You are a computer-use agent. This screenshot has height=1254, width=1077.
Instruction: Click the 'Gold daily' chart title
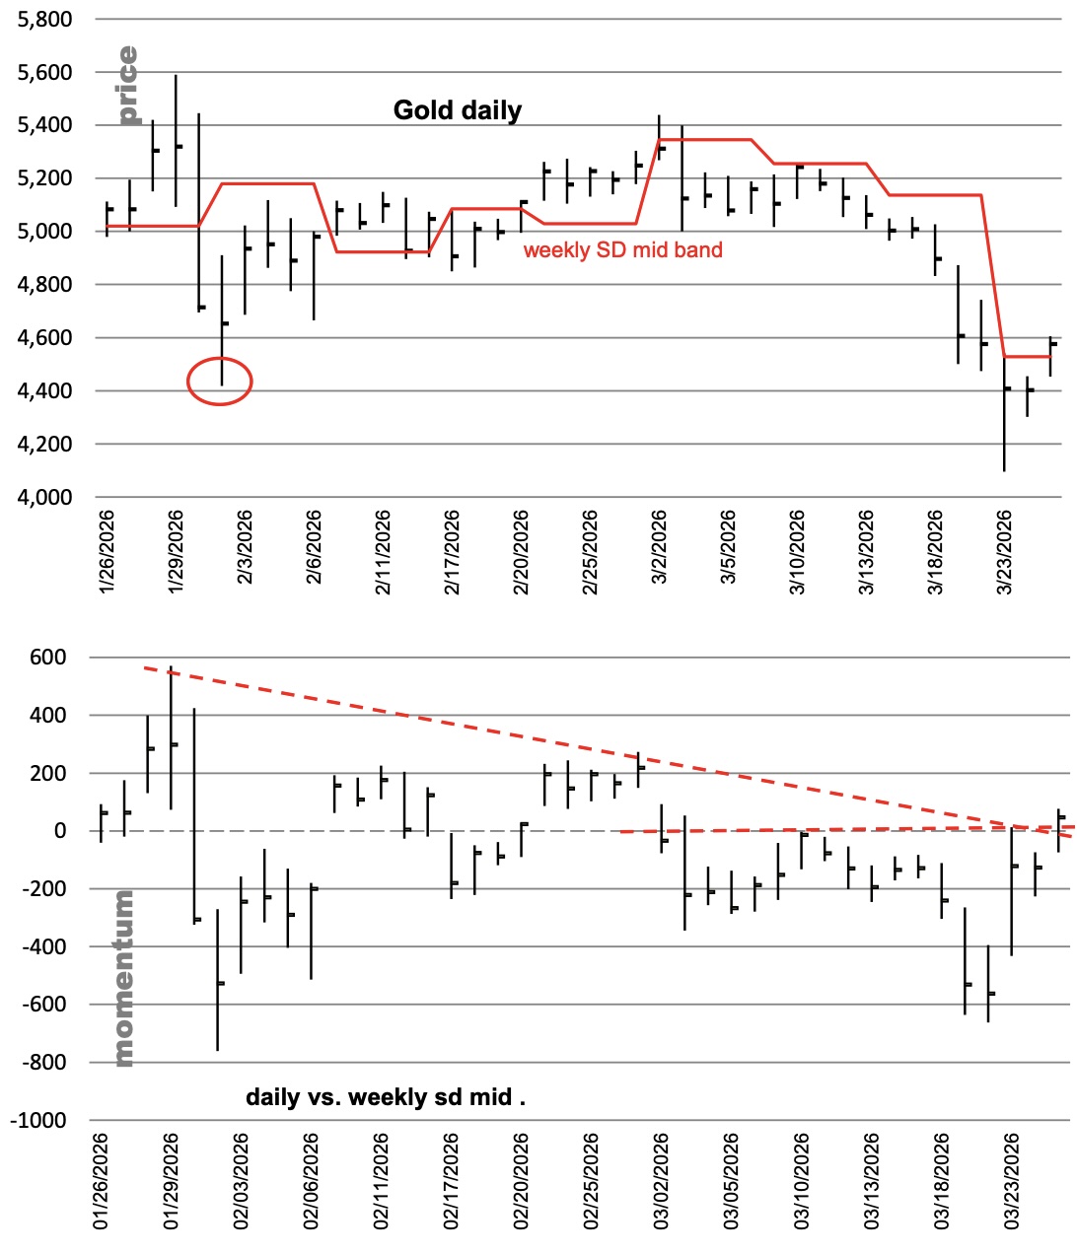[458, 110]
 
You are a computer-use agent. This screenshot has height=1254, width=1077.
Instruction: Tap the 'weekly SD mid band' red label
[622, 250]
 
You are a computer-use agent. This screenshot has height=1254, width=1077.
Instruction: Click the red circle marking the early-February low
[220, 381]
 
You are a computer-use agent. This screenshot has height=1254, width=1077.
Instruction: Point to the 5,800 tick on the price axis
[45, 20]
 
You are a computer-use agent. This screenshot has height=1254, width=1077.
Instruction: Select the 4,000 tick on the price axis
[45, 498]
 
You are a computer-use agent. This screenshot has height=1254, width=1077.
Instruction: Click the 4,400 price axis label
[45, 391]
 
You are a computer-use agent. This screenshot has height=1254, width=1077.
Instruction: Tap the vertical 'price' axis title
[127, 85]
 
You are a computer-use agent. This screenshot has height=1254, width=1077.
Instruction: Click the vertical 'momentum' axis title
[123, 978]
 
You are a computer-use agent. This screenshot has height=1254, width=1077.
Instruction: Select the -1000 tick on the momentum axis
[38, 1121]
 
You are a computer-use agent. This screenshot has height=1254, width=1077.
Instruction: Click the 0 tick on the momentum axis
[60, 831]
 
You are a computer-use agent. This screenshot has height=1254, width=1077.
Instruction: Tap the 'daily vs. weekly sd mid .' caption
[385, 1097]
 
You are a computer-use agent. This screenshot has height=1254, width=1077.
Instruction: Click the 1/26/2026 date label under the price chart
[107, 552]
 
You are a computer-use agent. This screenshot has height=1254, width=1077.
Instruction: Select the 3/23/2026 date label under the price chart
[1005, 552]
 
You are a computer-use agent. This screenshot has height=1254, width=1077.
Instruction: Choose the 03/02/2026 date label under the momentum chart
[661, 1182]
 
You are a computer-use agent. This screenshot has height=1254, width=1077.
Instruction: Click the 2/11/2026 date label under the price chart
[383, 552]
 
